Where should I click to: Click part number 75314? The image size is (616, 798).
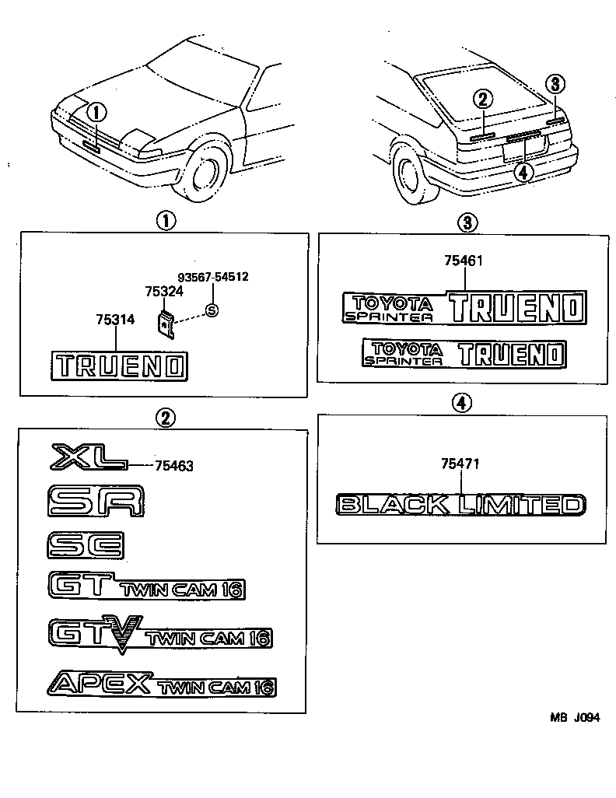tap(115, 320)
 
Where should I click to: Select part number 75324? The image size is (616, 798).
tap(164, 292)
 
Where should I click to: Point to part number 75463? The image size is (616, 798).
tap(173, 467)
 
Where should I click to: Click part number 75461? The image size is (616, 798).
tap(464, 261)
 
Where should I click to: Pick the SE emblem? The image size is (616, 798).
tap(84, 544)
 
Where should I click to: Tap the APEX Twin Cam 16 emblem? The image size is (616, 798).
tap(162, 684)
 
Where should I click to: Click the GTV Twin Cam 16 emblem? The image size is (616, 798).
tap(159, 634)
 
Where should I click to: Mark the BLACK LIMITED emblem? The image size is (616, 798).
tap(460, 505)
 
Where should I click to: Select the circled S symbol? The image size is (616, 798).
tap(212, 310)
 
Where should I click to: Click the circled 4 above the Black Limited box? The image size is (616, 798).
tap(462, 402)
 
